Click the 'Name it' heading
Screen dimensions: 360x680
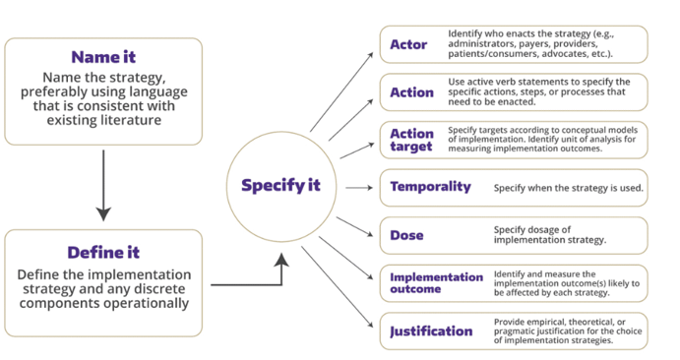(x=103, y=58)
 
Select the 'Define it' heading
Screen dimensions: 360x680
(x=103, y=252)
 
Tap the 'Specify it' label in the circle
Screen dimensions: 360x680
(x=280, y=185)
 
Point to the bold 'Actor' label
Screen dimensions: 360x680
(x=408, y=44)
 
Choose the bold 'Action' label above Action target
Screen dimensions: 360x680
(x=411, y=92)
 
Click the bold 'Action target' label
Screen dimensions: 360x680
(x=411, y=140)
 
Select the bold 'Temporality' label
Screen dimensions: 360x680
(x=430, y=187)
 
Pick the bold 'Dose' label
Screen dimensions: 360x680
(x=406, y=235)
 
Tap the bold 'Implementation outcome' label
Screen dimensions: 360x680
(x=436, y=283)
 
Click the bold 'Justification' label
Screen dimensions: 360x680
(x=431, y=330)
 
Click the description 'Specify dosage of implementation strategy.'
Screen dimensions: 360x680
(x=549, y=235)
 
